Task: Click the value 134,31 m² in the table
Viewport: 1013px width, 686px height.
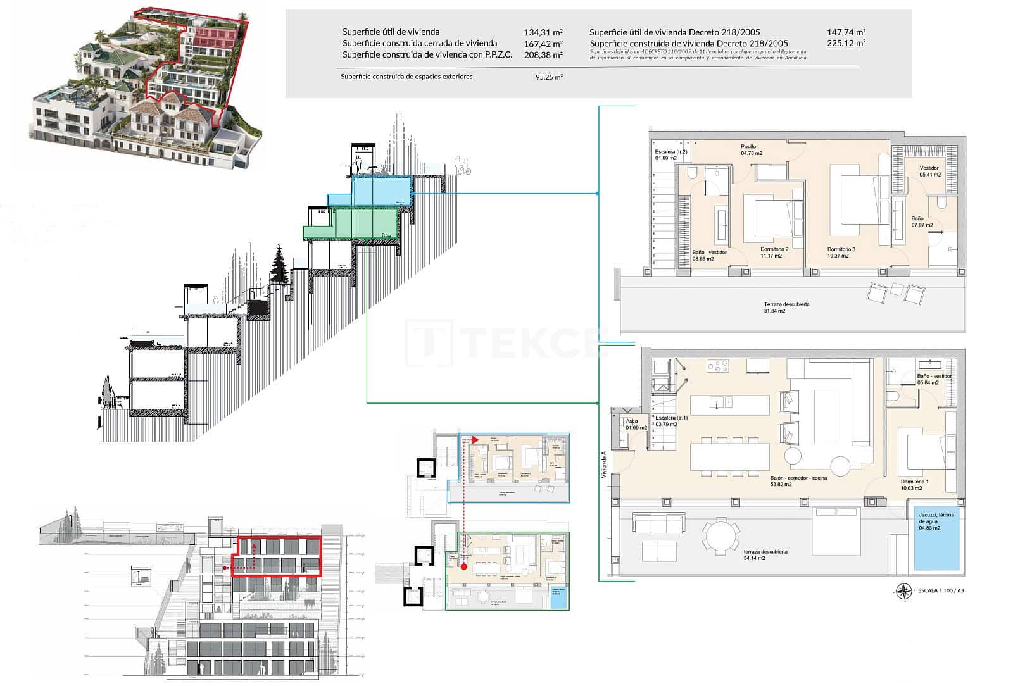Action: tap(543, 32)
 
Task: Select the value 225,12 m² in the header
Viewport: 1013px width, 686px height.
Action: tap(846, 43)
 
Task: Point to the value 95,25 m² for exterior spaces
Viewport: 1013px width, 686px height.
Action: tap(549, 77)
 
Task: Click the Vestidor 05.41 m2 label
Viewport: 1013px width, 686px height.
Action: tap(930, 171)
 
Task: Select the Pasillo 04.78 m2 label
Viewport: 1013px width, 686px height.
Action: tap(752, 149)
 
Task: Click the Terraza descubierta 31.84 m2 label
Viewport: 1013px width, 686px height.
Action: tap(786, 308)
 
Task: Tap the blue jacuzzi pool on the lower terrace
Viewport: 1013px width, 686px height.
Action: tap(936, 538)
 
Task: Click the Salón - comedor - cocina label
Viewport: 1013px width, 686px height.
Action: tap(798, 481)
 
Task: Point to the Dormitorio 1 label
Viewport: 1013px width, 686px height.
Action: tap(914, 485)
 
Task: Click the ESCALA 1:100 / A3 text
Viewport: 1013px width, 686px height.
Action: tap(940, 592)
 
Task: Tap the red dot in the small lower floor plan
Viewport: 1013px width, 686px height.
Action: tap(464, 566)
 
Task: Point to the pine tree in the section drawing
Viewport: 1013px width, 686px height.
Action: tap(278, 266)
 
